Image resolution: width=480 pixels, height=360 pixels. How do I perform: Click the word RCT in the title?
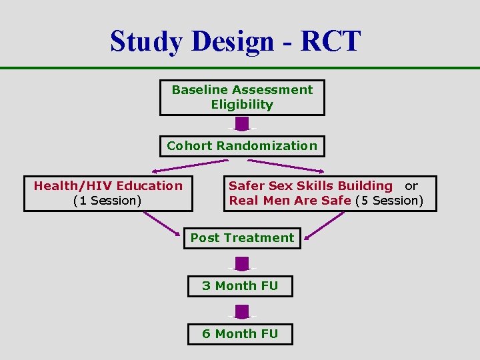(x=330, y=41)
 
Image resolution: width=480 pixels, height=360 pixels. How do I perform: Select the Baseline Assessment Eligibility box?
(x=242, y=97)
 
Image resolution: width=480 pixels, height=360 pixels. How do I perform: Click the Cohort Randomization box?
(x=242, y=145)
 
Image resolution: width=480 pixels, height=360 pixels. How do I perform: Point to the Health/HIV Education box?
(x=108, y=193)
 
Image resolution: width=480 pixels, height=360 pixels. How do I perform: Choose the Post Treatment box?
(x=242, y=238)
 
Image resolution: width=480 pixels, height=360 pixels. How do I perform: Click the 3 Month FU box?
(x=240, y=286)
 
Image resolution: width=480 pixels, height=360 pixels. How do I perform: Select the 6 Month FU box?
(x=240, y=333)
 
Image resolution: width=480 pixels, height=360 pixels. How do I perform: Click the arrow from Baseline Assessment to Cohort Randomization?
(x=242, y=124)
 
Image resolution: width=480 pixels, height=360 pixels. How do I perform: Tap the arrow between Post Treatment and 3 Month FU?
(x=242, y=263)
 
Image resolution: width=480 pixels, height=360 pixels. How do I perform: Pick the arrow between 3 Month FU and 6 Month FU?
(x=242, y=311)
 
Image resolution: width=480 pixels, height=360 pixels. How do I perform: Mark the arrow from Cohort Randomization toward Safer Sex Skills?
(x=293, y=165)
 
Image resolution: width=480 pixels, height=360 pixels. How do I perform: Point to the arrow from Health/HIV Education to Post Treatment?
(x=163, y=225)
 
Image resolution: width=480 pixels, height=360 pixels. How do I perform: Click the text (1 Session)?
(x=107, y=201)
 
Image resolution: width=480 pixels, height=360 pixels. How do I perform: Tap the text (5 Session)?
(x=389, y=201)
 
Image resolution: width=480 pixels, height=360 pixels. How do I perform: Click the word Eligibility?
(x=242, y=105)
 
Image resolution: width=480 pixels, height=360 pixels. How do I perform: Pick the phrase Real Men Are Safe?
(x=290, y=201)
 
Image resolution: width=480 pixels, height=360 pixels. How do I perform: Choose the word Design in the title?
(x=233, y=41)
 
